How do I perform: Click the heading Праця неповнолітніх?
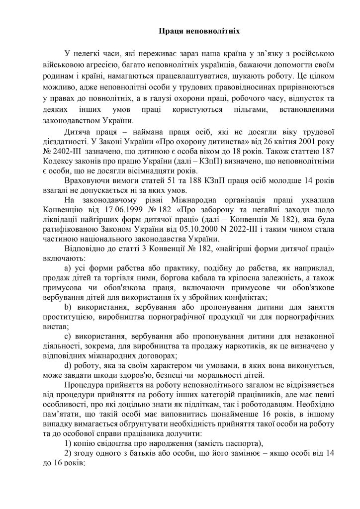coord(199,31)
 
